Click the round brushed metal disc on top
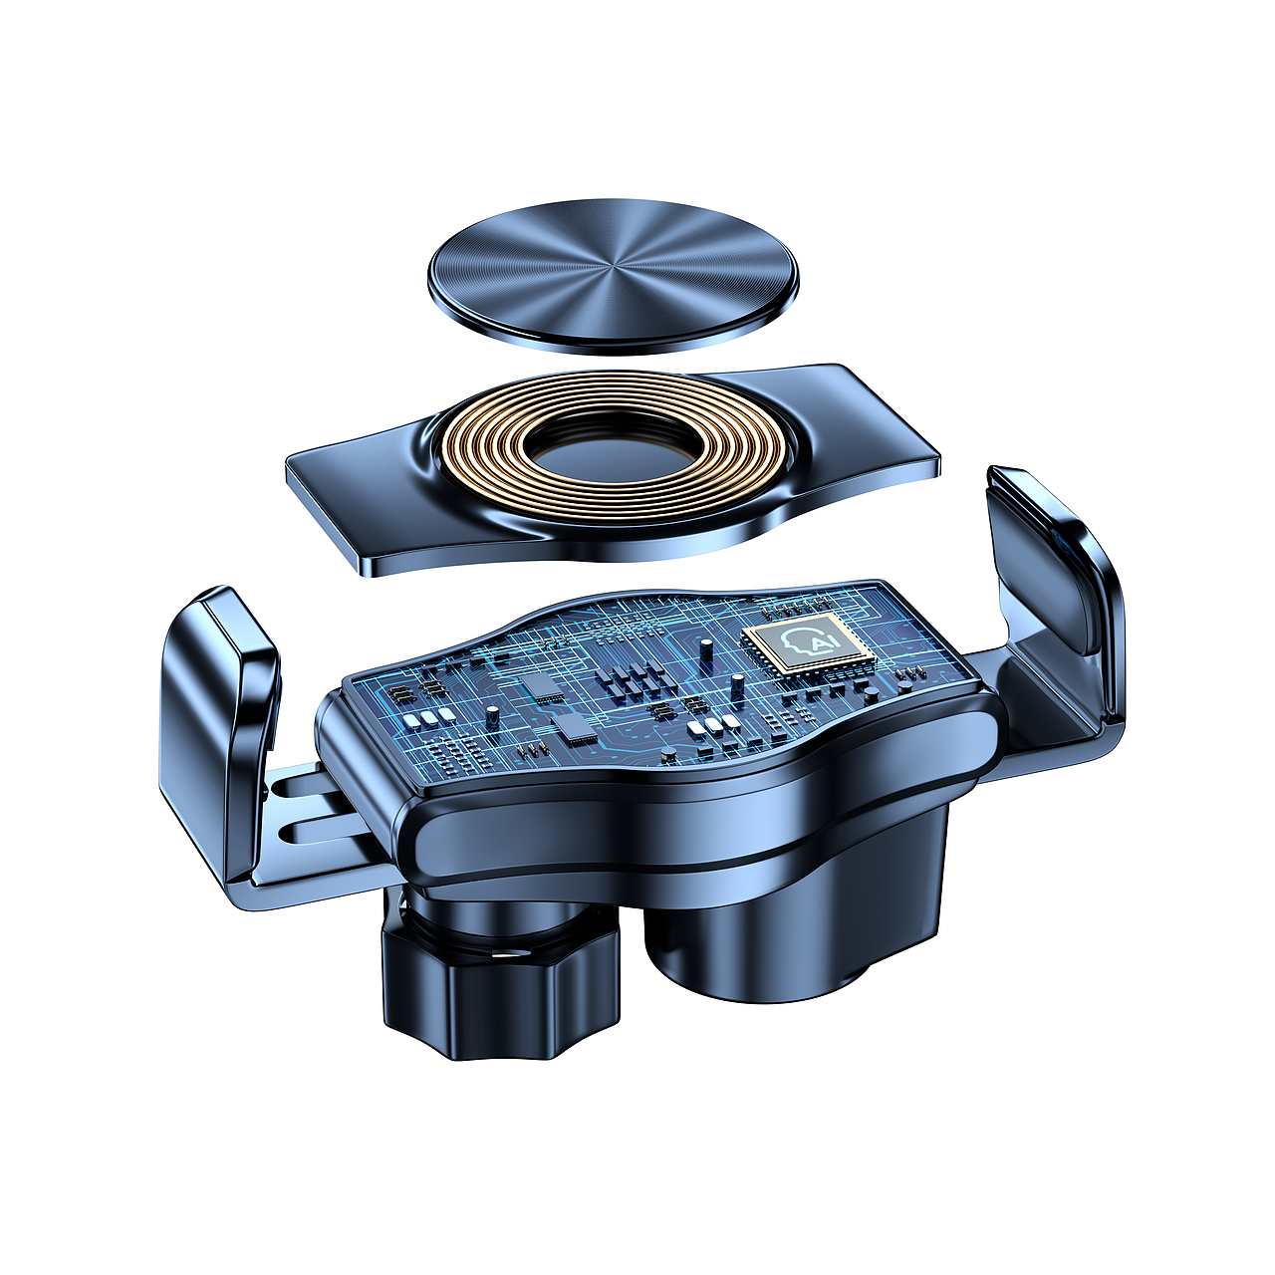coord(613,272)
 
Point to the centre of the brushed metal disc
coord(613,270)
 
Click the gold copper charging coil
coord(613,450)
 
